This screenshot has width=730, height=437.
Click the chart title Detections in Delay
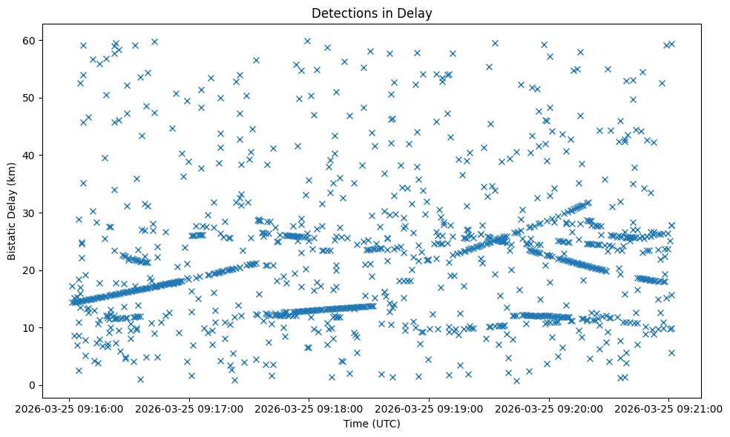pyautogui.click(x=372, y=13)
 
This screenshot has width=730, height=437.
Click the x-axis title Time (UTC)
pyautogui.click(x=372, y=424)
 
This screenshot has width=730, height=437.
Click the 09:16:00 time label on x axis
pyautogui.click(x=69, y=407)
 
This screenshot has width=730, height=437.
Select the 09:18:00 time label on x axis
pyautogui.click(x=309, y=407)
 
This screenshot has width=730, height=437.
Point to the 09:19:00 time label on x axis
pyautogui.click(x=429, y=407)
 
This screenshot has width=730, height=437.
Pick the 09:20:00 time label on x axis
pyautogui.click(x=549, y=407)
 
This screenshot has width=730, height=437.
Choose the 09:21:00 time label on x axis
pyautogui.click(x=668, y=407)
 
